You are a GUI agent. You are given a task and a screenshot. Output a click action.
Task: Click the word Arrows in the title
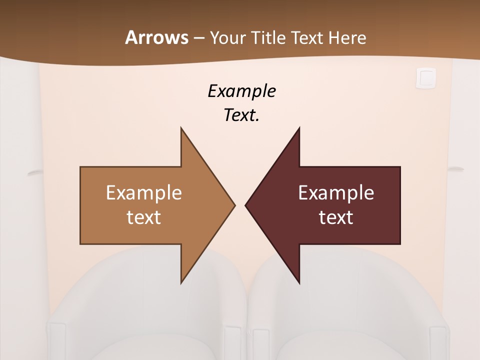(156, 37)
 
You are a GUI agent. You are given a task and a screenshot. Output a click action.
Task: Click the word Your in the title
(227, 37)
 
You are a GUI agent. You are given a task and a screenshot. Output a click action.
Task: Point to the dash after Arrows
(198, 38)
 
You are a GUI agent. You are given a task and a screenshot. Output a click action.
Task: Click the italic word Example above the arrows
(241, 91)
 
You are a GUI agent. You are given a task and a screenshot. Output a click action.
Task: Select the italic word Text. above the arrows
(241, 115)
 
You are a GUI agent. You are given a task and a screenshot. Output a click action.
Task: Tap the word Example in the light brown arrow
(144, 192)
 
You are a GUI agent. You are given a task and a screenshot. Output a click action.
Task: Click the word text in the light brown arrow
(144, 217)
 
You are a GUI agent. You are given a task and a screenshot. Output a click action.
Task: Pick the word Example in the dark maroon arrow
(336, 192)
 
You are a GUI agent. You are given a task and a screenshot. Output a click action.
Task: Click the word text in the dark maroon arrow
(336, 217)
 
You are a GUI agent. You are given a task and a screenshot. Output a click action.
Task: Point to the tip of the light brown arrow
(234, 205)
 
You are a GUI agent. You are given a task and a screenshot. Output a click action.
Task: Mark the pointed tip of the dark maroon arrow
(246, 205)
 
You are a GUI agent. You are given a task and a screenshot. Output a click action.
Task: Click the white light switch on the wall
(425, 78)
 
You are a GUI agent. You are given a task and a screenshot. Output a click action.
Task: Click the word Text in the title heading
(307, 37)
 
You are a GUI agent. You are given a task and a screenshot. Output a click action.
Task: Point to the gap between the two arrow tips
(240, 205)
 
